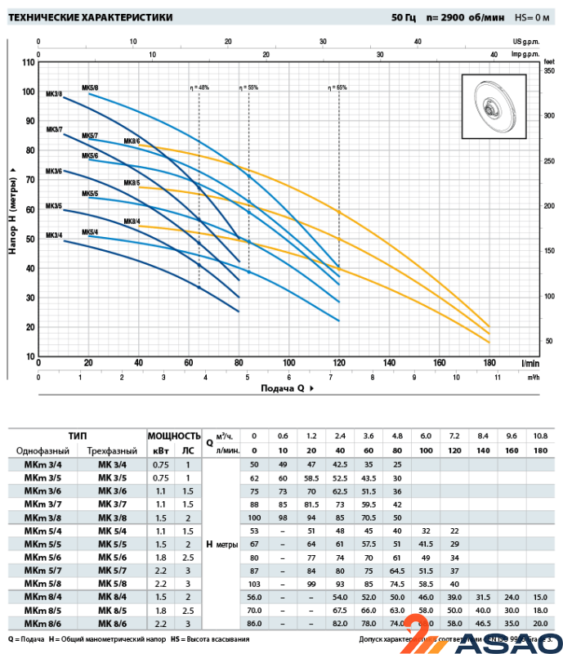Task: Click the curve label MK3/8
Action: click(55, 94)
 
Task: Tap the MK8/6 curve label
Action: click(132, 141)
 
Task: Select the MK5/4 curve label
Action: click(90, 232)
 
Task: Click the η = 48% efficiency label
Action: click(200, 87)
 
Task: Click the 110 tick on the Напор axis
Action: click(29, 63)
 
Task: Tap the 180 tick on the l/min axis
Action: click(489, 363)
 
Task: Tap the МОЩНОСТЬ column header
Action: click(173, 436)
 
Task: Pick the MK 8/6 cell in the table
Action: click(112, 623)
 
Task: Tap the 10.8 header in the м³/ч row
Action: click(540, 436)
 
